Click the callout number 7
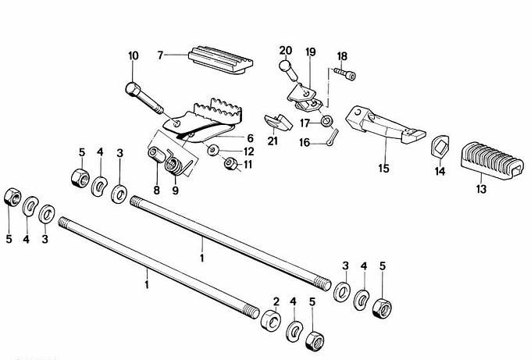coord(160,55)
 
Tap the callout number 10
coord(133,56)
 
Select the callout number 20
coord(285,51)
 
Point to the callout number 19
coord(310,52)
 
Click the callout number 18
coord(342,56)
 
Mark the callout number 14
coord(438,171)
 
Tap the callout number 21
coord(273,141)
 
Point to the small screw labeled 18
coord(344,74)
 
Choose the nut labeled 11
coord(230,164)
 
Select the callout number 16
coord(304,143)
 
